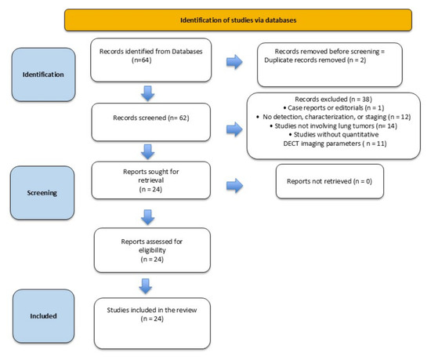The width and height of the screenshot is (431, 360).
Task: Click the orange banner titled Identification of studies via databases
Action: [x=238, y=20]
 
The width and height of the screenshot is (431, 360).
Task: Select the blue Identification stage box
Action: [x=43, y=75]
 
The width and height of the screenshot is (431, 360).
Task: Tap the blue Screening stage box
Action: [x=42, y=193]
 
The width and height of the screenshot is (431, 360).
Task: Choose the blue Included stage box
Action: [x=43, y=316]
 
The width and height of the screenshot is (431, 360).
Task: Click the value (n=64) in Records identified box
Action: [x=142, y=60]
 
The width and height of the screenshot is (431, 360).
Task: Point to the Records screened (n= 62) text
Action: [x=151, y=118]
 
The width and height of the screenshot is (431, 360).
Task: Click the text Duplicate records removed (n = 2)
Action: [x=315, y=60]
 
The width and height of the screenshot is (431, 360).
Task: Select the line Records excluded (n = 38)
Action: [x=333, y=99]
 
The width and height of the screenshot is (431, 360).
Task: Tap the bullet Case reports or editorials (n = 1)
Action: [x=334, y=107]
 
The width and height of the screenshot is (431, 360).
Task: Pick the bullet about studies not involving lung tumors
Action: [x=334, y=126]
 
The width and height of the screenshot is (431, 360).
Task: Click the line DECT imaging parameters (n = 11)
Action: [x=335, y=144]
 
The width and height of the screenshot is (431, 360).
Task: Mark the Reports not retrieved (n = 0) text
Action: [x=329, y=181]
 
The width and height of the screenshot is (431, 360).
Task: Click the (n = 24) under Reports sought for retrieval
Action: [x=150, y=189]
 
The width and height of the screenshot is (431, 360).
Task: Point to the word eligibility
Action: [x=152, y=250]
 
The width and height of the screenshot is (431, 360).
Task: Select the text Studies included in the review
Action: [x=152, y=310]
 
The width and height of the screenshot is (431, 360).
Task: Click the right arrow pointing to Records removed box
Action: [x=234, y=62]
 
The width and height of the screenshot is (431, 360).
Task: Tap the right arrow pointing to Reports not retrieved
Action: [x=234, y=186]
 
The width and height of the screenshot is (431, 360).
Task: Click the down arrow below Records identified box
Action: [x=148, y=93]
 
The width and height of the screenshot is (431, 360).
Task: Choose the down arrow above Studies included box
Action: [x=146, y=286]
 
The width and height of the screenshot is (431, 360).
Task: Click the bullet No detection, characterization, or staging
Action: [x=333, y=117]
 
